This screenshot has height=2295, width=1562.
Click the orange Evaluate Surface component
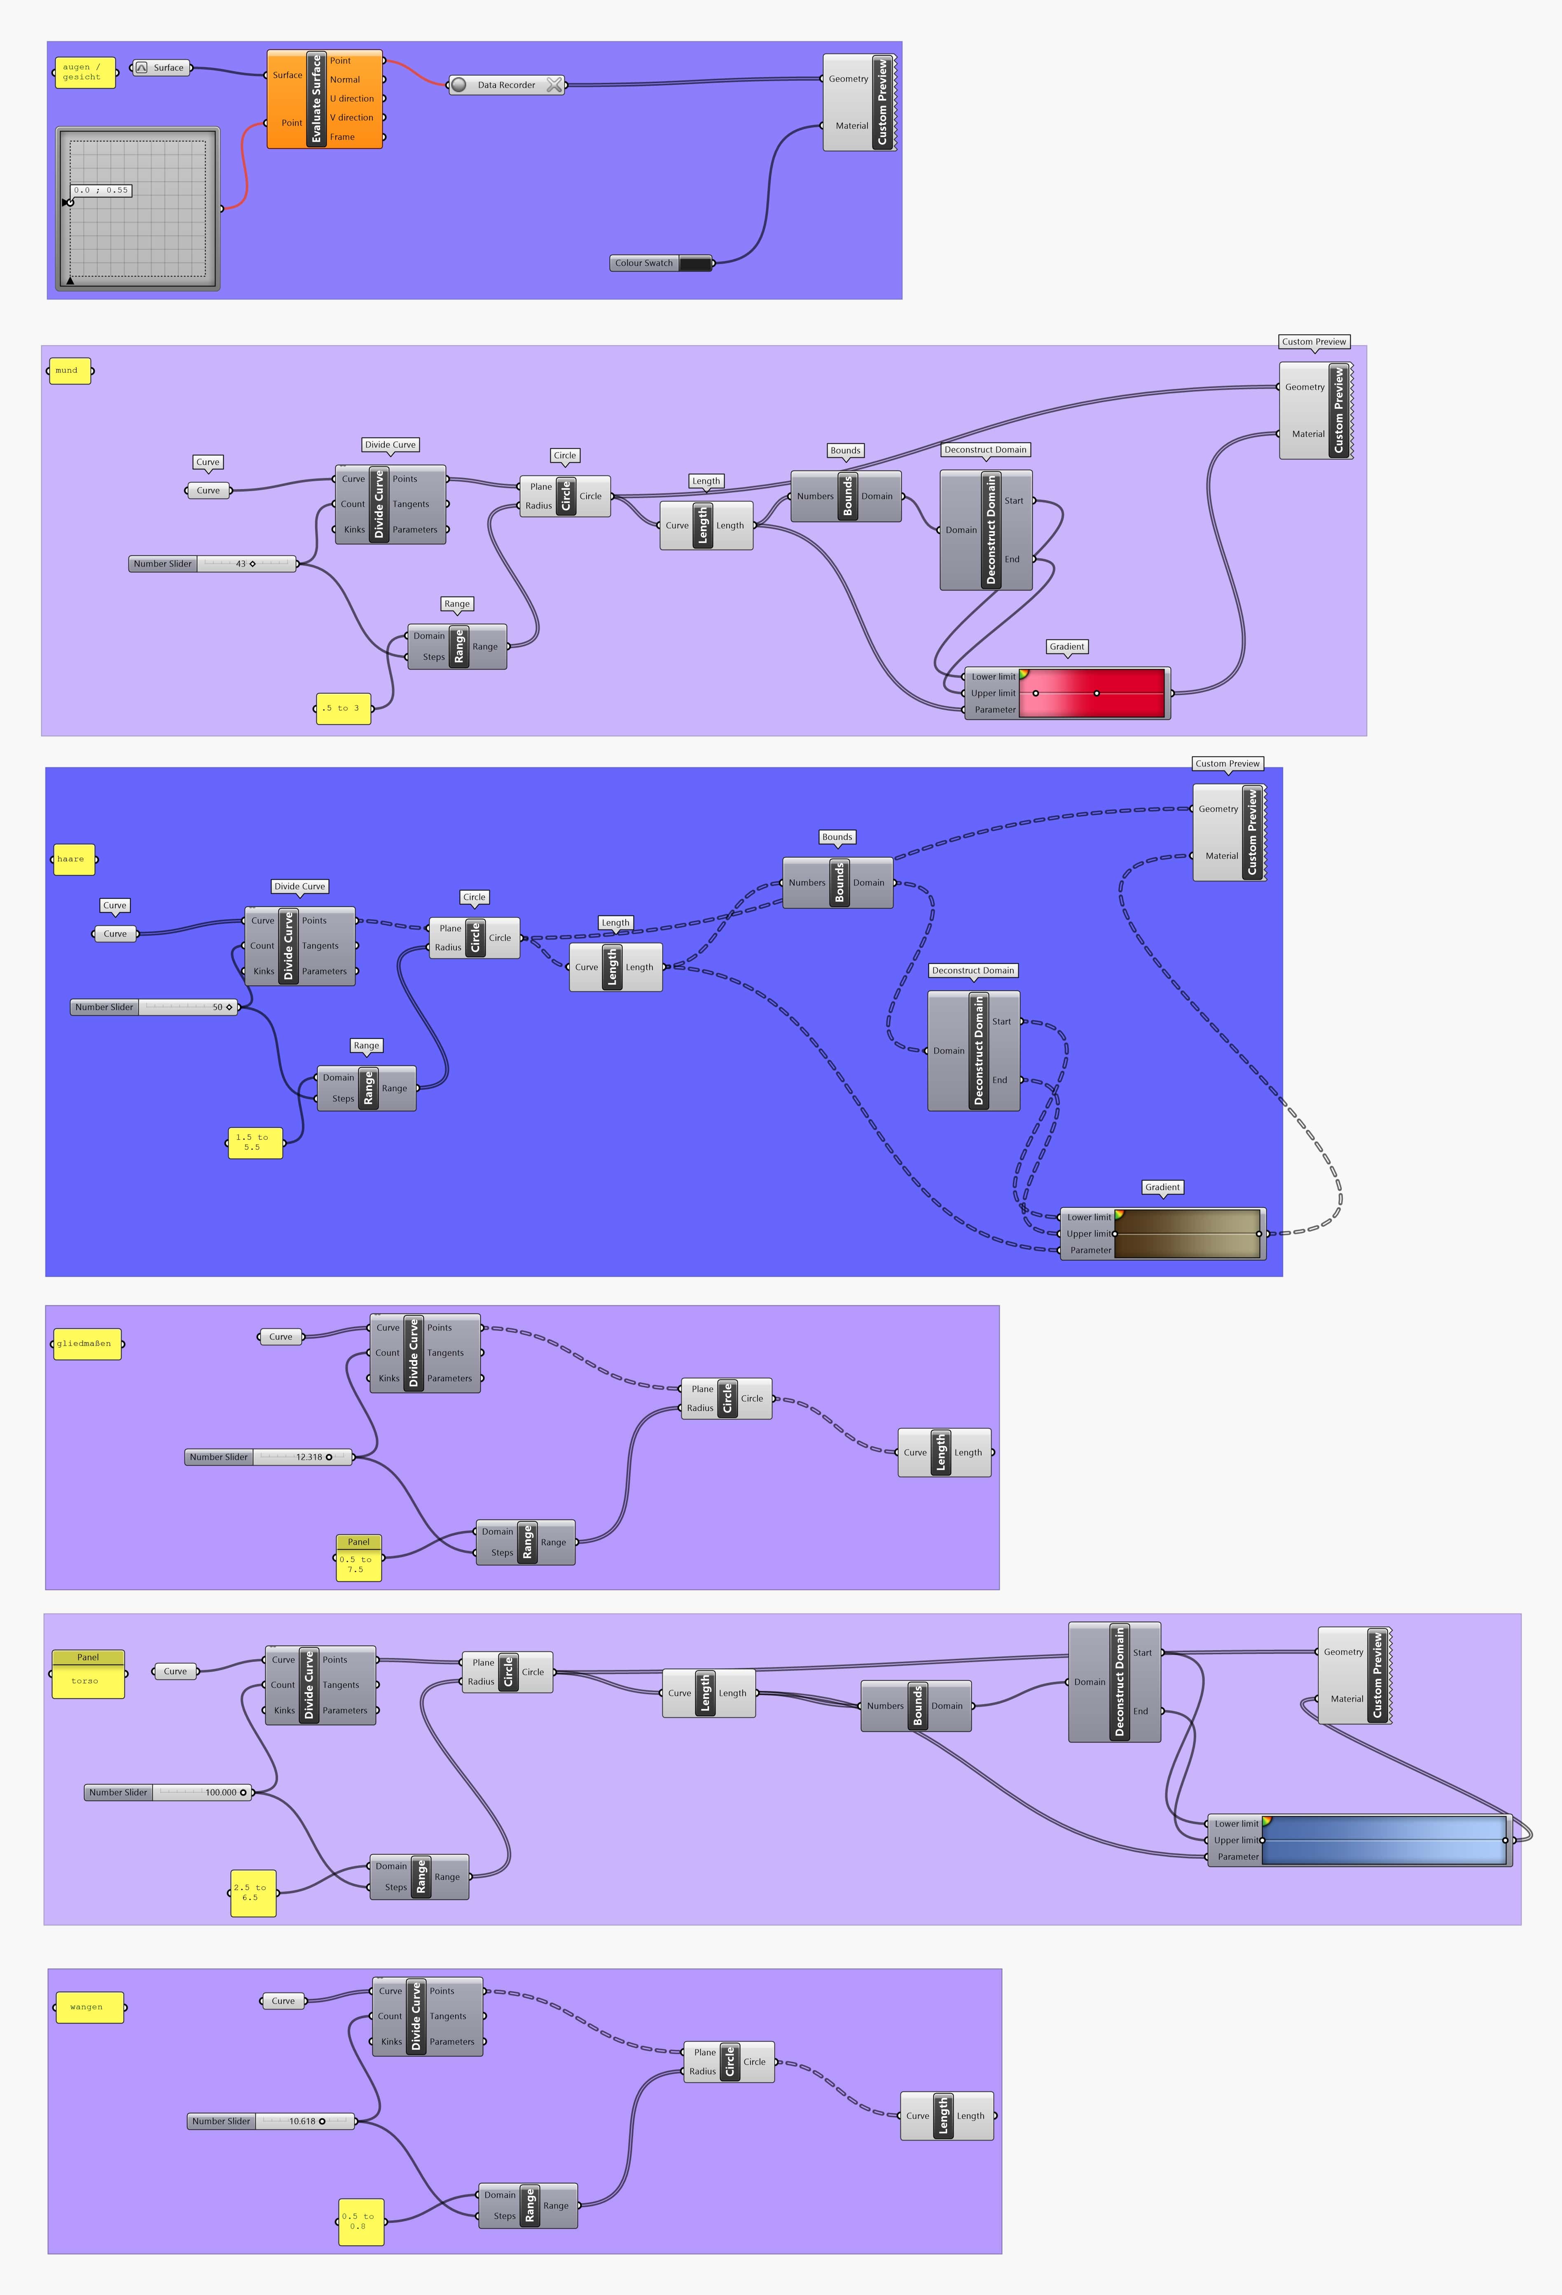(x=324, y=99)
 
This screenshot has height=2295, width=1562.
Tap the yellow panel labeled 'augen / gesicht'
(x=84, y=72)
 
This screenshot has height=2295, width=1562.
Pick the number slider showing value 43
(x=212, y=564)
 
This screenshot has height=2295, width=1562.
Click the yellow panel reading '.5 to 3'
(x=343, y=708)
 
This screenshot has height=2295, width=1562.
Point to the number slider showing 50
(x=154, y=1007)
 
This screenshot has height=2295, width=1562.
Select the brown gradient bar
(x=1188, y=1234)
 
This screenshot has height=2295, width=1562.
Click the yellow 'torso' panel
(x=88, y=1681)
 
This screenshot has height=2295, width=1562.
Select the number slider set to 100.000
(x=168, y=1792)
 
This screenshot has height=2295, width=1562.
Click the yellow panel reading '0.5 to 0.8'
(x=360, y=2222)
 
